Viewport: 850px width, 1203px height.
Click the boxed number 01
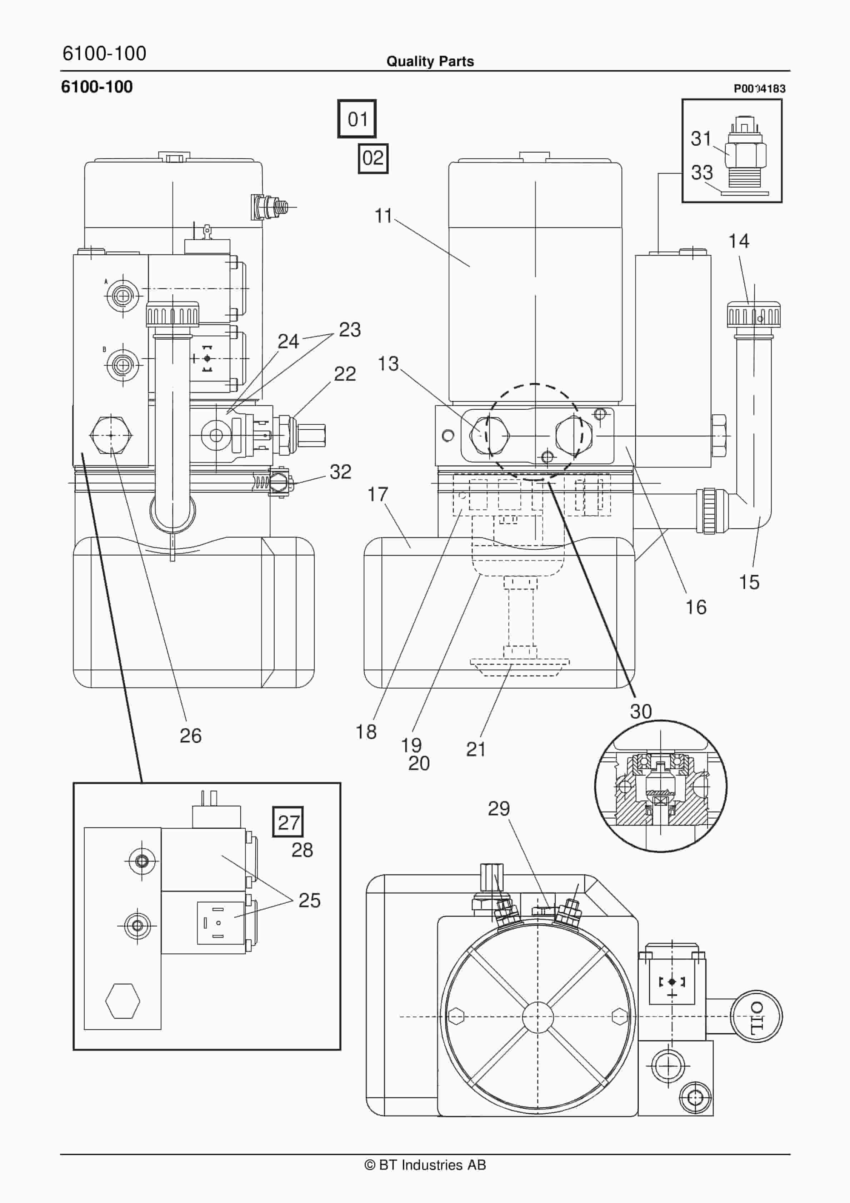click(357, 119)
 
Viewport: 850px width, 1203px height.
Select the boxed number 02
click(372, 158)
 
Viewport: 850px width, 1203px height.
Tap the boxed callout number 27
click(288, 822)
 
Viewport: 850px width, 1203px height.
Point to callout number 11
click(383, 216)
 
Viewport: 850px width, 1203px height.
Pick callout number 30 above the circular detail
click(640, 712)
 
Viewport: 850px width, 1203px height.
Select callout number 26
click(190, 736)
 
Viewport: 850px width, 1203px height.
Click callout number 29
click(498, 808)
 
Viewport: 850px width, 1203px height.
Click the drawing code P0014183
click(759, 89)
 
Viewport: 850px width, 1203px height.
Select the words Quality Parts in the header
click(430, 61)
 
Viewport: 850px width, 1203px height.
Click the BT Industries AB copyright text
click(425, 1165)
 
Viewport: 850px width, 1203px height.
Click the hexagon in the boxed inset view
click(122, 1001)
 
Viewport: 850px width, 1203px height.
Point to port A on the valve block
click(122, 296)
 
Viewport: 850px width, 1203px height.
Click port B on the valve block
click(122, 365)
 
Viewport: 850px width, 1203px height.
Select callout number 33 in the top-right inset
click(701, 173)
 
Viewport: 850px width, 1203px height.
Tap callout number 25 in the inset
click(309, 900)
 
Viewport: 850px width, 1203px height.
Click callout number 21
click(475, 749)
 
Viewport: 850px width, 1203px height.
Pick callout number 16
click(695, 607)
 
